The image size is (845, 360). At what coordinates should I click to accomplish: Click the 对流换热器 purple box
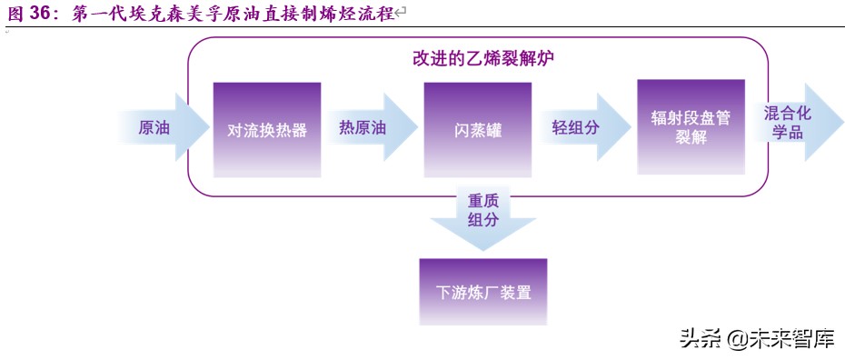coord(266,129)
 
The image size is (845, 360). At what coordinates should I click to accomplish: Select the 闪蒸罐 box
coord(477,129)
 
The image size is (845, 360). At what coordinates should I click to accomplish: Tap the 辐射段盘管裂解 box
coord(691,127)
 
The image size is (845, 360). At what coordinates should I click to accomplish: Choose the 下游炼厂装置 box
coord(482,293)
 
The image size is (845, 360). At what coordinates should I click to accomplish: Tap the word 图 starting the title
coord(15,13)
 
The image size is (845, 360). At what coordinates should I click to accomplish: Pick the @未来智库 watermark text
coord(781,338)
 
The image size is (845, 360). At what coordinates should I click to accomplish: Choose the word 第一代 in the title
coord(94,13)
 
